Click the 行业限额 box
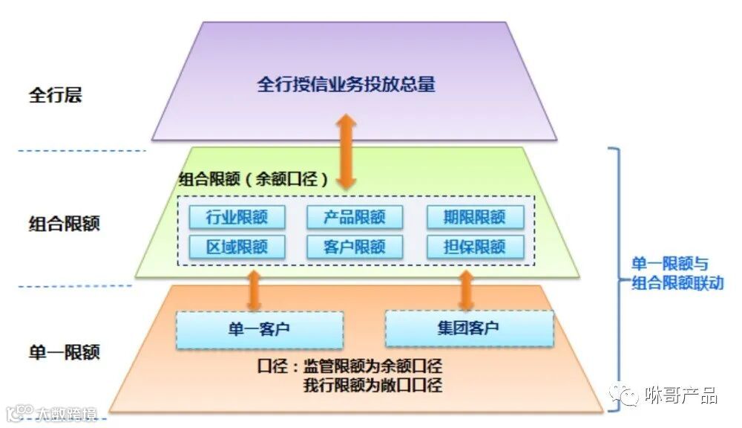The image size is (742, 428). coord(237,217)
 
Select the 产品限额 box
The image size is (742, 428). coord(355,217)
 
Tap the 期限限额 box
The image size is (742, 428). coord(475,217)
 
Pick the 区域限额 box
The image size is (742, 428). coord(237,246)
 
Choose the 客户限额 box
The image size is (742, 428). coord(355,246)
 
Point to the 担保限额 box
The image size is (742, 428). coord(475,246)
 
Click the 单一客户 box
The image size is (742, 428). coord(260,329)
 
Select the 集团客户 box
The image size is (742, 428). coord(469,328)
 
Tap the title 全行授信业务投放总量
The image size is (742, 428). coord(346,84)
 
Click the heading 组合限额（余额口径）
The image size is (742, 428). coord(254,179)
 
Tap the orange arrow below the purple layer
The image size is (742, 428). coord(344,151)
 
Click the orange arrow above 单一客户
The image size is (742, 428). coord(254,290)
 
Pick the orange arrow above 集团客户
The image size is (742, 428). coord(466,290)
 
